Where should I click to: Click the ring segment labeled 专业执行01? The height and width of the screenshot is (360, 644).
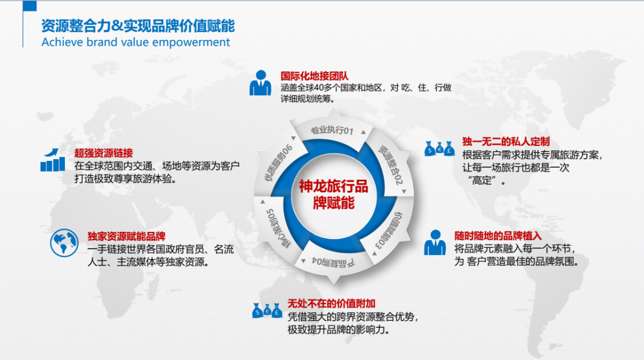[333, 131]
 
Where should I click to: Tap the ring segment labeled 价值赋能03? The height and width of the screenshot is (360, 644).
[392, 230]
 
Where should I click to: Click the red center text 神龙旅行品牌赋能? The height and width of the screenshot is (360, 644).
[333, 195]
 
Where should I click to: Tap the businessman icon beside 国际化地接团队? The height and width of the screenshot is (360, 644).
[260, 83]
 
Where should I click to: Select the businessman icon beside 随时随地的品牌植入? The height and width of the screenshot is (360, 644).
[435, 243]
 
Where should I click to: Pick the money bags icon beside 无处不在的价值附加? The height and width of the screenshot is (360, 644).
[267, 309]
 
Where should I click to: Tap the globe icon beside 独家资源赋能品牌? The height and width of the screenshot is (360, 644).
[64, 243]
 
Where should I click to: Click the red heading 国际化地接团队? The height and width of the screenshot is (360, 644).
[314, 76]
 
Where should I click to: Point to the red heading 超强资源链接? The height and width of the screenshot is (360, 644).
[104, 152]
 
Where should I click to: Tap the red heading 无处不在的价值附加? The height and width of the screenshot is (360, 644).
[332, 303]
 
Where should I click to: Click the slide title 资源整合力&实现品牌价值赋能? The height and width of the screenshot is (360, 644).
[138, 26]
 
